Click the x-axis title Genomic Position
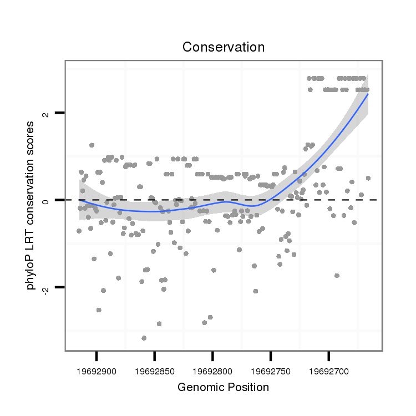[224, 387]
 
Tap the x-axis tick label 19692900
[97, 369]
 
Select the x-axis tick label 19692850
[155, 369]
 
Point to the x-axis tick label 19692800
[212, 369]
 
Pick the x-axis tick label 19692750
[271, 369]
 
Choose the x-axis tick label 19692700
[328, 369]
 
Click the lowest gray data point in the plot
[144, 338]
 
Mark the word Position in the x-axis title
[249, 387]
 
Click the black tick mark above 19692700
[328, 355]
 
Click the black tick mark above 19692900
[97, 355]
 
